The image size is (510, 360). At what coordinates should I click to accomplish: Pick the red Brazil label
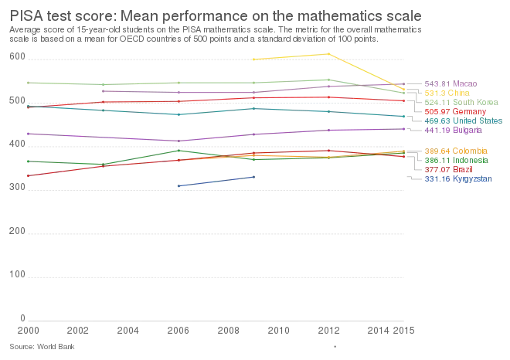coord(443,169)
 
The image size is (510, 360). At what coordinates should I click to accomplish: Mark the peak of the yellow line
coord(328,53)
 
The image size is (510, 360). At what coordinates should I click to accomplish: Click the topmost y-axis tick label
coord(14,56)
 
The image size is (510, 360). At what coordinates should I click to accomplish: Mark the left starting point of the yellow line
coord(253,59)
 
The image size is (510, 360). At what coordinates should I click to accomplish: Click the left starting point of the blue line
coord(177,186)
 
